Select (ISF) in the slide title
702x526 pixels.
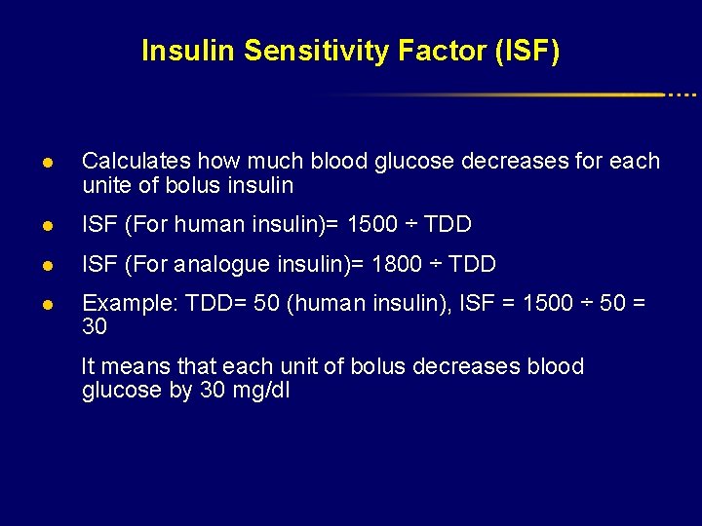pos(526,51)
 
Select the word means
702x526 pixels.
pos(136,367)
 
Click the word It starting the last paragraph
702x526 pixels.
pos(89,367)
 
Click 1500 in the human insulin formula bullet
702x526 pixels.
pos(372,225)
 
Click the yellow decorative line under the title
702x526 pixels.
pos(546,94)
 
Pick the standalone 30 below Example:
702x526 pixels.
pos(95,328)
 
